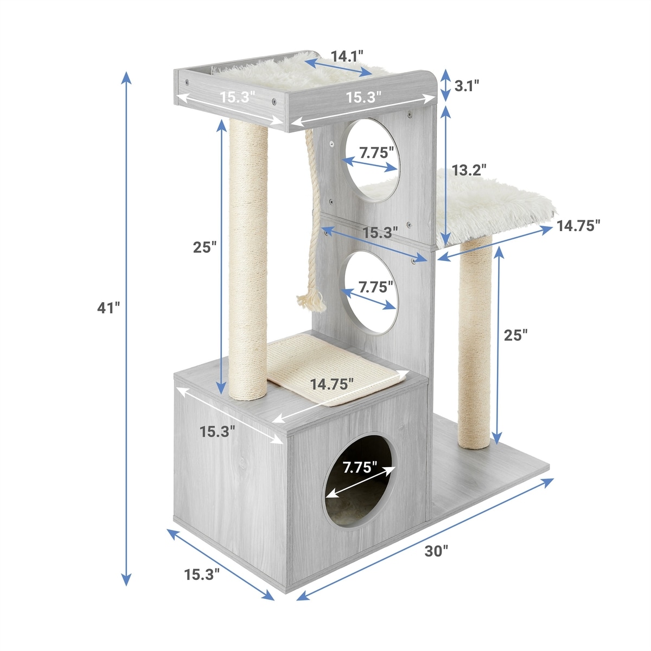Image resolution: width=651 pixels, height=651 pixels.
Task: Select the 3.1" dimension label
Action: click(x=467, y=86)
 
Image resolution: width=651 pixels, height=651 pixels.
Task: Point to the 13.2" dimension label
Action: click(x=470, y=170)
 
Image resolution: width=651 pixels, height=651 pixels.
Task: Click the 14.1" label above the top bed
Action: click(x=347, y=56)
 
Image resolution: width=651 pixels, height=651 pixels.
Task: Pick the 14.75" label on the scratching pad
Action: click(x=332, y=384)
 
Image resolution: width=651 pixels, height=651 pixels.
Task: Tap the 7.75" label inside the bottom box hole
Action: click(x=360, y=468)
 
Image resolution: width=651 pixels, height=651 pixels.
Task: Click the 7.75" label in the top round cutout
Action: click(x=376, y=153)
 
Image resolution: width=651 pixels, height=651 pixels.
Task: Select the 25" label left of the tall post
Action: click(x=205, y=247)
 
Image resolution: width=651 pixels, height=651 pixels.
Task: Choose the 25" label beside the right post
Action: click(x=515, y=335)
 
